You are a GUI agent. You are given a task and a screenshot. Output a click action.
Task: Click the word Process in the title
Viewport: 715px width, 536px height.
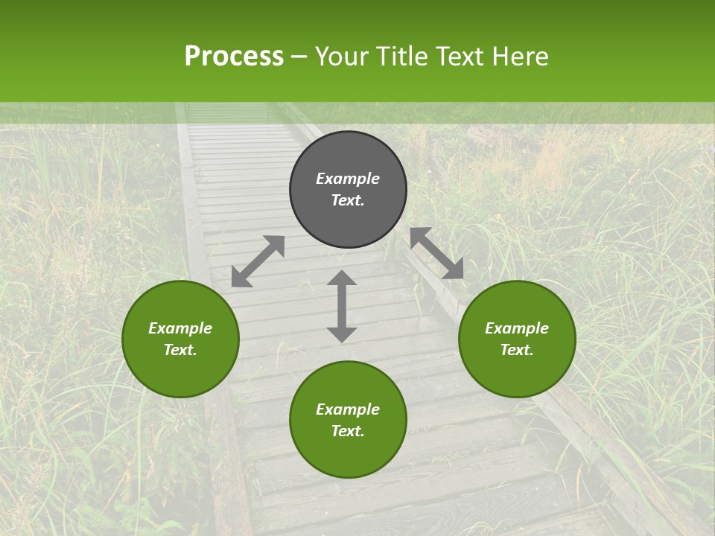click(234, 57)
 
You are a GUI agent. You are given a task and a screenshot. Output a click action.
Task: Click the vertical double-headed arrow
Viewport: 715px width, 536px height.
click(342, 306)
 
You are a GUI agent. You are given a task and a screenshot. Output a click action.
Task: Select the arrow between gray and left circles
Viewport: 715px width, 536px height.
click(258, 261)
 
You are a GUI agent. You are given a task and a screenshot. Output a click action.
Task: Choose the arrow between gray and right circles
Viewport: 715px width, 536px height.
click(437, 253)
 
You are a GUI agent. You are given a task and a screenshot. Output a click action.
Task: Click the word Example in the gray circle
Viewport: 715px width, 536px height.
click(348, 179)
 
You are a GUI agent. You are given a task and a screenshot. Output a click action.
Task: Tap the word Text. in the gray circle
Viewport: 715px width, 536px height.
click(348, 200)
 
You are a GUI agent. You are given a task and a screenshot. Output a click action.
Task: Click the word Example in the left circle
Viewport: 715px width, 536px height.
click(180, 328)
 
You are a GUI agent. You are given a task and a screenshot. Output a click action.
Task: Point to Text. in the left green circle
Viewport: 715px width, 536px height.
click(180, 350)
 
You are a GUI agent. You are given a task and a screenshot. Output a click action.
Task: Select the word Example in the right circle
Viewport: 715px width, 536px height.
click(517, 328)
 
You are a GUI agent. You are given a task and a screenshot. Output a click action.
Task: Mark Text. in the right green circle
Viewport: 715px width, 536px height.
click(517, 350)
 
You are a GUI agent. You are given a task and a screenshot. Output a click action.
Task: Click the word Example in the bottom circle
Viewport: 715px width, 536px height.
click(348, 409)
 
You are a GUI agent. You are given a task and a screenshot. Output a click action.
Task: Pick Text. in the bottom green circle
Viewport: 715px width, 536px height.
click(348, 431)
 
